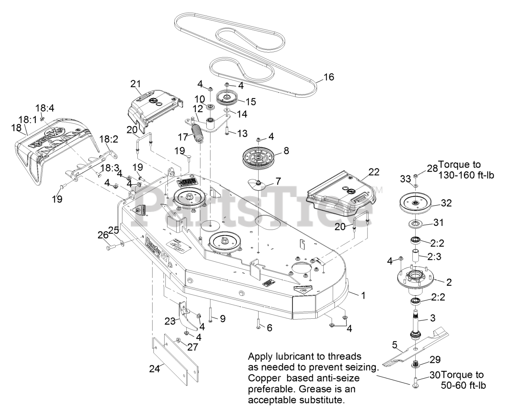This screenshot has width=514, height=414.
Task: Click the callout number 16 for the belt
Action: tap(328, 77)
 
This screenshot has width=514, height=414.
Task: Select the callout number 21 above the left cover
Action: tap(136, 84)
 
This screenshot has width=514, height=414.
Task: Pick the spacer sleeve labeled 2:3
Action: tap(416, 256)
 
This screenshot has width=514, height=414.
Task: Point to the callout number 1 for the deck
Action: tap(363, 295)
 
